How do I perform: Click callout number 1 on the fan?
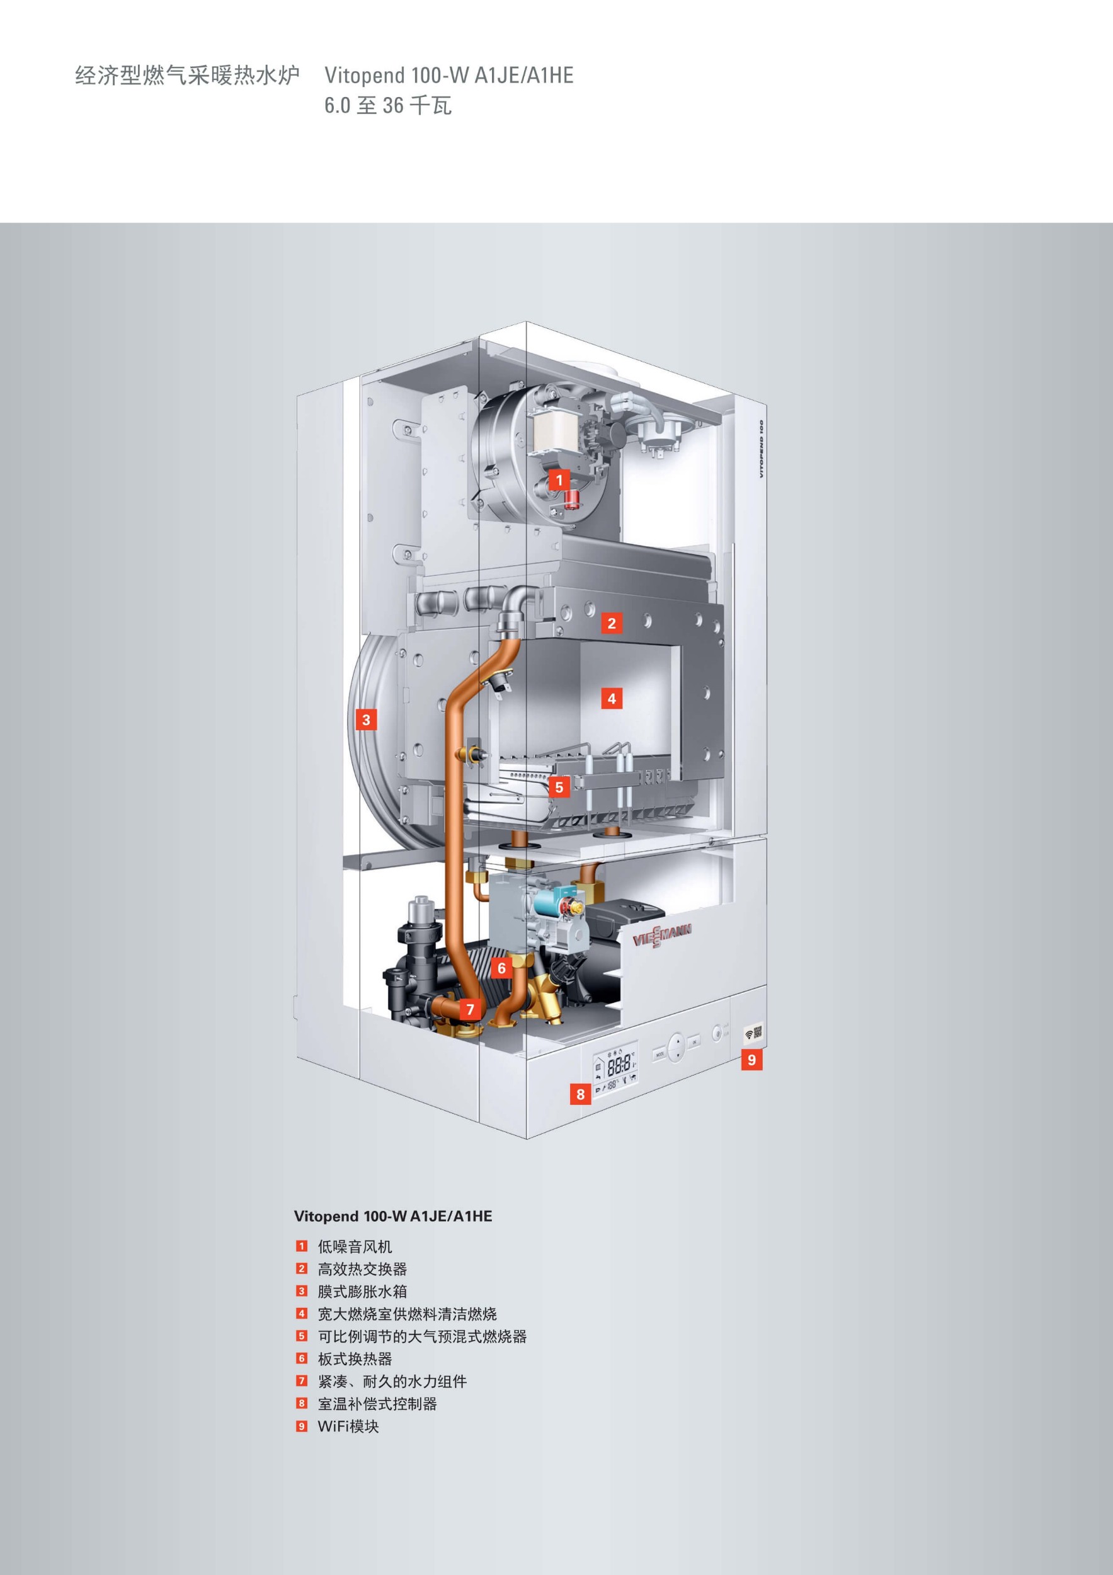coord(559,480)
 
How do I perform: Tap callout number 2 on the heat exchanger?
coord(612,624)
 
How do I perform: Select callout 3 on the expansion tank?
coord(366,719)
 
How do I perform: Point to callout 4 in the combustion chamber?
coord(612,699)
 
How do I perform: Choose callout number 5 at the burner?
coord(559,787)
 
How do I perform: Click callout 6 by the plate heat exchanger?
coord(501,968)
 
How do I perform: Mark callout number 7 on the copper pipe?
coord(471,1010)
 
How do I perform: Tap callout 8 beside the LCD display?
coord(581,1094)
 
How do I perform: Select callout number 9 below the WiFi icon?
coord(751,1060)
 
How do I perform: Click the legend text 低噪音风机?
coord(355,1246)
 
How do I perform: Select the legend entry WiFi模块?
coord(348,1426)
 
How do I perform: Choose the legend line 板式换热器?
coord(355,1359)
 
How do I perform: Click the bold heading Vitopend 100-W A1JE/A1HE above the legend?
coord(393,1217)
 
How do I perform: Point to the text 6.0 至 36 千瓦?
coord(388,106)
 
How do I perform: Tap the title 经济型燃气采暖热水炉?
coord(187,75)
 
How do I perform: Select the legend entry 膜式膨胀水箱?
coord(362,1291)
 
